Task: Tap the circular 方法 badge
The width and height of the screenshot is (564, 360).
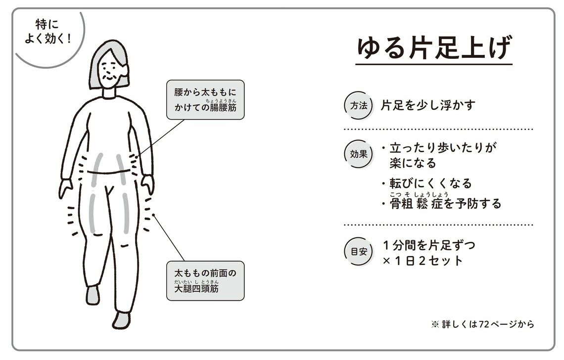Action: [358, 105]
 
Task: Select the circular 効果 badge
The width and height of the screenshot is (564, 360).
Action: [358, 154]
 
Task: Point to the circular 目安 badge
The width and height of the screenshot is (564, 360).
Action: [358, 252]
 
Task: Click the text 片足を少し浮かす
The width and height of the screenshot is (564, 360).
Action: [428, 105]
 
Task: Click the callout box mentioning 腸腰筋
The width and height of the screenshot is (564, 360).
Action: [205, 100]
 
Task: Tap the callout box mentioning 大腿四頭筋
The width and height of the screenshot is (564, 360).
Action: [205, 281]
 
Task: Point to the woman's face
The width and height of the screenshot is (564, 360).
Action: [110, 72]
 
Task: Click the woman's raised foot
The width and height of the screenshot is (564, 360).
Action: [93, 295]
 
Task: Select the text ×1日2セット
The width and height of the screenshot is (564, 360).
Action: [423, 261]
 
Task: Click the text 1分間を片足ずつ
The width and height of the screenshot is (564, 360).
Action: [428, 245]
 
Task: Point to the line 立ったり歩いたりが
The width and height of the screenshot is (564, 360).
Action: [442, 147]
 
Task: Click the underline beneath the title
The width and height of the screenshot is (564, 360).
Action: [433, 64]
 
